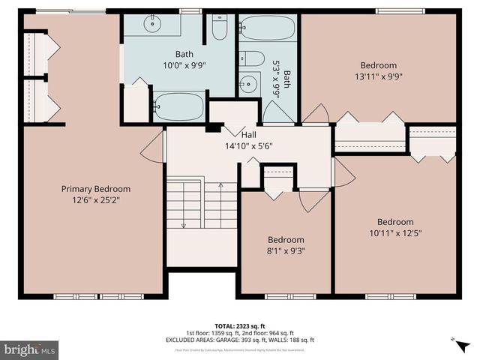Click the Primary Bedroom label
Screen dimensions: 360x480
tap(95, 189)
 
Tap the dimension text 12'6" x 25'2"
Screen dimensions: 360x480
tap(95, 200)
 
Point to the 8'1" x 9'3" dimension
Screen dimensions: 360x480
tap(286, 251)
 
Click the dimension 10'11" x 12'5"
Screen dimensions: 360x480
tap(394, 232)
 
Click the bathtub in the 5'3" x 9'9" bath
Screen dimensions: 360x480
tap(268, 28)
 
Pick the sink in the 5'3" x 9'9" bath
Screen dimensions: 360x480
tap(248, 84)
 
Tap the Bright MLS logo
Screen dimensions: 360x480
tap(30, 349)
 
